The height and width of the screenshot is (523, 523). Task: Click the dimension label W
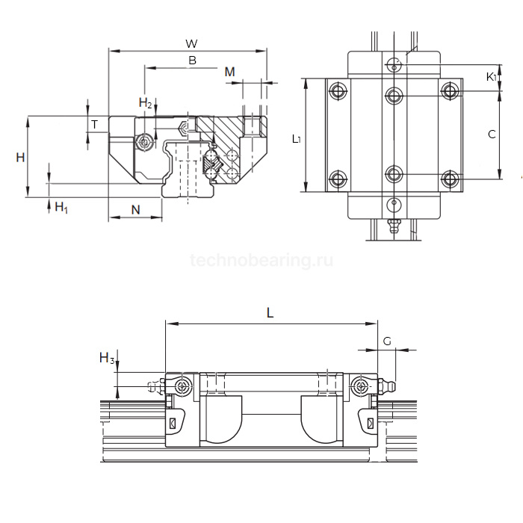(x=191, y=43)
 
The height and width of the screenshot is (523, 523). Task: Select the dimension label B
(x=193, y=61)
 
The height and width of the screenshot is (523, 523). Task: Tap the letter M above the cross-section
(x=230, y=72)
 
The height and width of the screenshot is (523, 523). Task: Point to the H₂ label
(x=146, y=102)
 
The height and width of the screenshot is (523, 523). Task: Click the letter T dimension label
(x=95, y=125)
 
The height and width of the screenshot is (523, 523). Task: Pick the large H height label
(x=20, y=157)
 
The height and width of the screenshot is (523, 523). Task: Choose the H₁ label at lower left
(x=61, y=208)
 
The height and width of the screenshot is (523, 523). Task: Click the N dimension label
(x=135, y=210)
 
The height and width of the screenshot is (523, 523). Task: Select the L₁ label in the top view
(x=296, y=139)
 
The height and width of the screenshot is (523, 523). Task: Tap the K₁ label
(x=492, y=77)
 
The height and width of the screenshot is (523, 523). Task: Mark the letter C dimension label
(x=492, y=134)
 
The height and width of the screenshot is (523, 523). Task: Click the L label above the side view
(x=270, y=313)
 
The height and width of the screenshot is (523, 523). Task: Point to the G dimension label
(x=387, y=341)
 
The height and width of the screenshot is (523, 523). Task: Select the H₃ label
(x=107, y=358)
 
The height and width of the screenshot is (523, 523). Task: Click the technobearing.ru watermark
(x=261, y=260)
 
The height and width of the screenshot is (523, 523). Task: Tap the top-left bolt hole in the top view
(x=338, y=90)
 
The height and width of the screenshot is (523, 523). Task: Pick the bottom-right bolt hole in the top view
(x=451, y=179)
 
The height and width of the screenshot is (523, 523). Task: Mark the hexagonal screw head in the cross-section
(x=184, y=129)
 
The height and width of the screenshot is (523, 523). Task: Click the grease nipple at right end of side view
(x=387, y=387)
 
